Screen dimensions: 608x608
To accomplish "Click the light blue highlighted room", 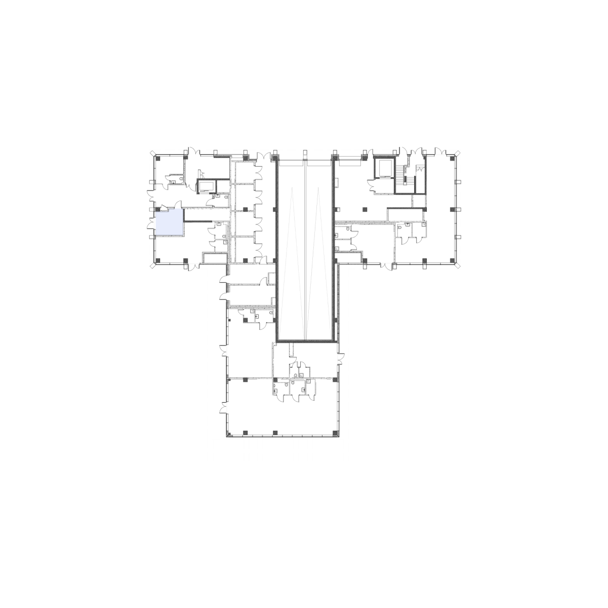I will click(x=169, y=223).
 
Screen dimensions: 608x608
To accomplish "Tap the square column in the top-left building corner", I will click(x=158, y=159).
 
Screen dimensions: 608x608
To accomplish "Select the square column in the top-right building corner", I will click(x=452, y=159).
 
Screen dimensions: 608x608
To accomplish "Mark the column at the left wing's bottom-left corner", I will click(x=158, y=260).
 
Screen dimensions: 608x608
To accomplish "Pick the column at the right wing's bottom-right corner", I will click(x=452, y=260).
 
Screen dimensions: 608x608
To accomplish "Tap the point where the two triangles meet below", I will click(x=305, y=339).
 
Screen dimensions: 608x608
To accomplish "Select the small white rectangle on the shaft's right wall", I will click(x=336, y=182).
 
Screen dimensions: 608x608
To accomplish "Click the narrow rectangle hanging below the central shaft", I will click(x=291, y=349).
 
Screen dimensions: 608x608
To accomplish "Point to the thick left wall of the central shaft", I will click(x=276, y=248).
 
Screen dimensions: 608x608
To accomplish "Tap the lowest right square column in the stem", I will click(x=335, y=433).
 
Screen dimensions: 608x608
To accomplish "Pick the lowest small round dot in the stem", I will click(x=229, y=434).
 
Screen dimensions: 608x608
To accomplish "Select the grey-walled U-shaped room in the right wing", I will click(x=384, y=175).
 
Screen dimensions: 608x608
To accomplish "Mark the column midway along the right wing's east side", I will click(x=452, y=209).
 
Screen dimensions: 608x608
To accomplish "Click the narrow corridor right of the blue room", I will click(x=207, y=221).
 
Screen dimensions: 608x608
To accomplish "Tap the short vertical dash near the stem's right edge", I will click(x=338, y=358).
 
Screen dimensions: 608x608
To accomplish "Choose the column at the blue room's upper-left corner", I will click(x=158, y=209).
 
